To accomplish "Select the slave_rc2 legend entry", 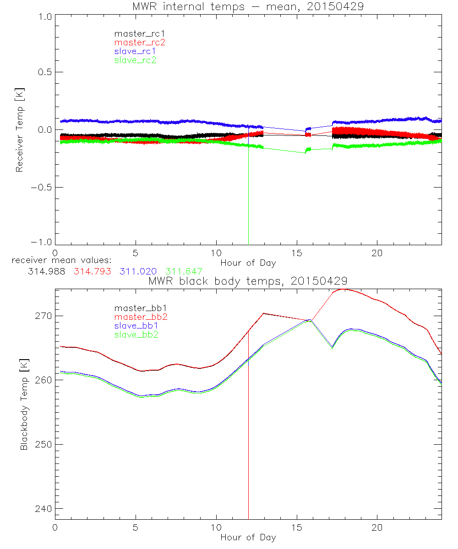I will [135, 60].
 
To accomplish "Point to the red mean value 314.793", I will [93, 271].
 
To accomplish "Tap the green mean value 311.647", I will [184, 271].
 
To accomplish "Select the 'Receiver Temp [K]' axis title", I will [19, 130].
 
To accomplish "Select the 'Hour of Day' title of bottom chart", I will [248, 538].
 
